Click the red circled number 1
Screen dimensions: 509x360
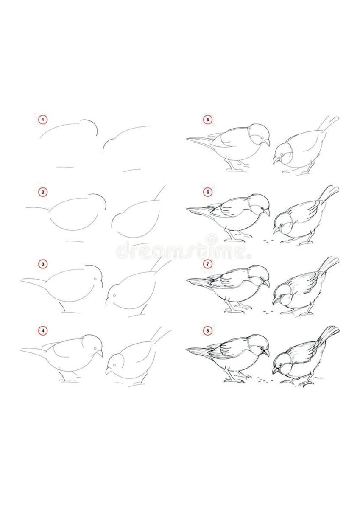coord(43,120)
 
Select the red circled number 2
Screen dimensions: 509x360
coord(43,192)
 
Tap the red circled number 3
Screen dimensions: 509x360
coord(43,264)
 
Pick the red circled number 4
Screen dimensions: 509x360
coord(43,330)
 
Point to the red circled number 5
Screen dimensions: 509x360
coord(207,120)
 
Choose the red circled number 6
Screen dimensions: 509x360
coord(207,192)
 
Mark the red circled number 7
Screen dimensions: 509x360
coord(207,264)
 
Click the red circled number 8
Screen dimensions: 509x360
coord(207,330)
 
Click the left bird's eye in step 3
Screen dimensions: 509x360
coord(95,278)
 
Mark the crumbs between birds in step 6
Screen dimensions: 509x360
coord(267,241)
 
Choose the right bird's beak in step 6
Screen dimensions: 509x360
coord(276,230)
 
